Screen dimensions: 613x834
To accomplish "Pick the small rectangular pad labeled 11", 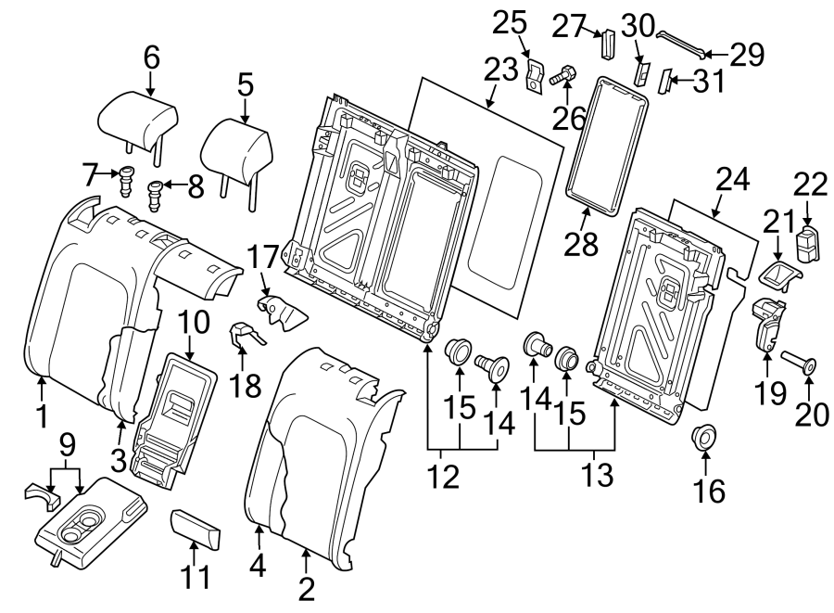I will tap(196, 531).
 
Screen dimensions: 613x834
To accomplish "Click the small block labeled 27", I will tap(610, 43).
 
